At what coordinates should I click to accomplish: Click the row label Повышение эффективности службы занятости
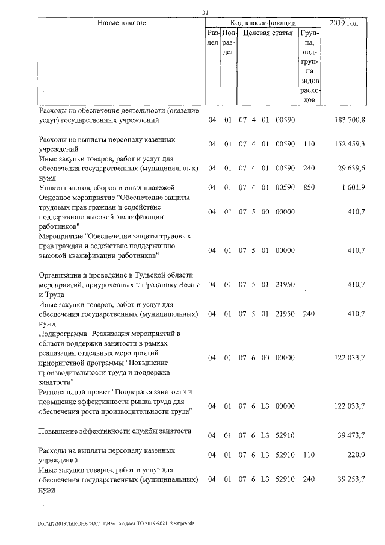pyautogui.click(x=115, y=431)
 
